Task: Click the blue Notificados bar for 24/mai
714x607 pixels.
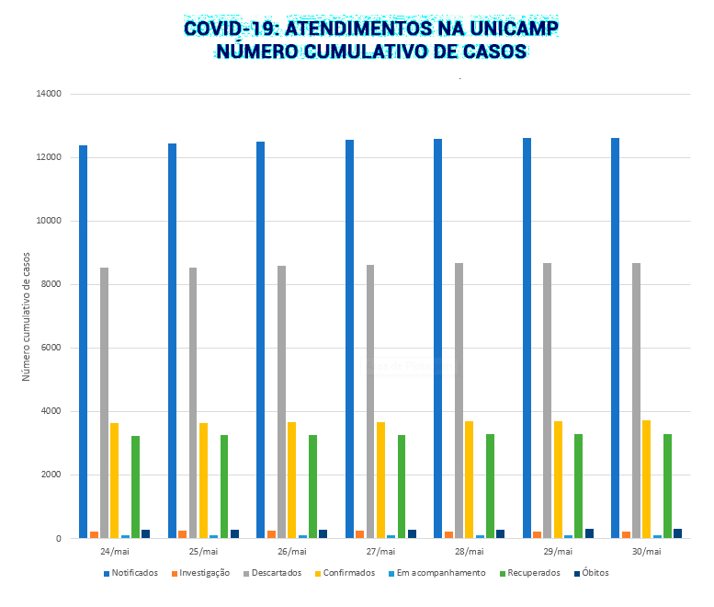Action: pos(83,341)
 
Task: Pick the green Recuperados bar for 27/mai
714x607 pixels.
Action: pos(402,487)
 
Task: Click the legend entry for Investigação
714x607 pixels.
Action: pos(203,573)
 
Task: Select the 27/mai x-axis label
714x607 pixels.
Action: pos(380,552)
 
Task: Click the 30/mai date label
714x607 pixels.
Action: pos(646,552)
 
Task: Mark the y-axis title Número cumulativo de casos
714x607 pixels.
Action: pos(27,316)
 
